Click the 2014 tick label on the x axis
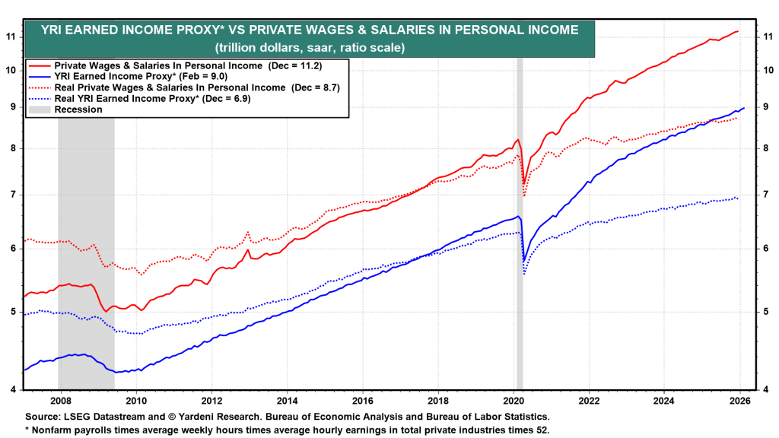pyautogui.click(x=287, y=400)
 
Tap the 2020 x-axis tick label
pyautogui.click(x=514, y=400)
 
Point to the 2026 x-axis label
pyautogui.click(x=740, y=400)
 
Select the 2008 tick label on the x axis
pyautogui.click(x=60, y=400)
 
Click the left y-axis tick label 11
pyautogui.click(x=11, y=36)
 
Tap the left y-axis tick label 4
pyautogui.click(x=11, y=389)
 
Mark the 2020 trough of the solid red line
pyautogui.click(x=524, y=185)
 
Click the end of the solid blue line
pyautogui.click(x=743, y=108)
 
